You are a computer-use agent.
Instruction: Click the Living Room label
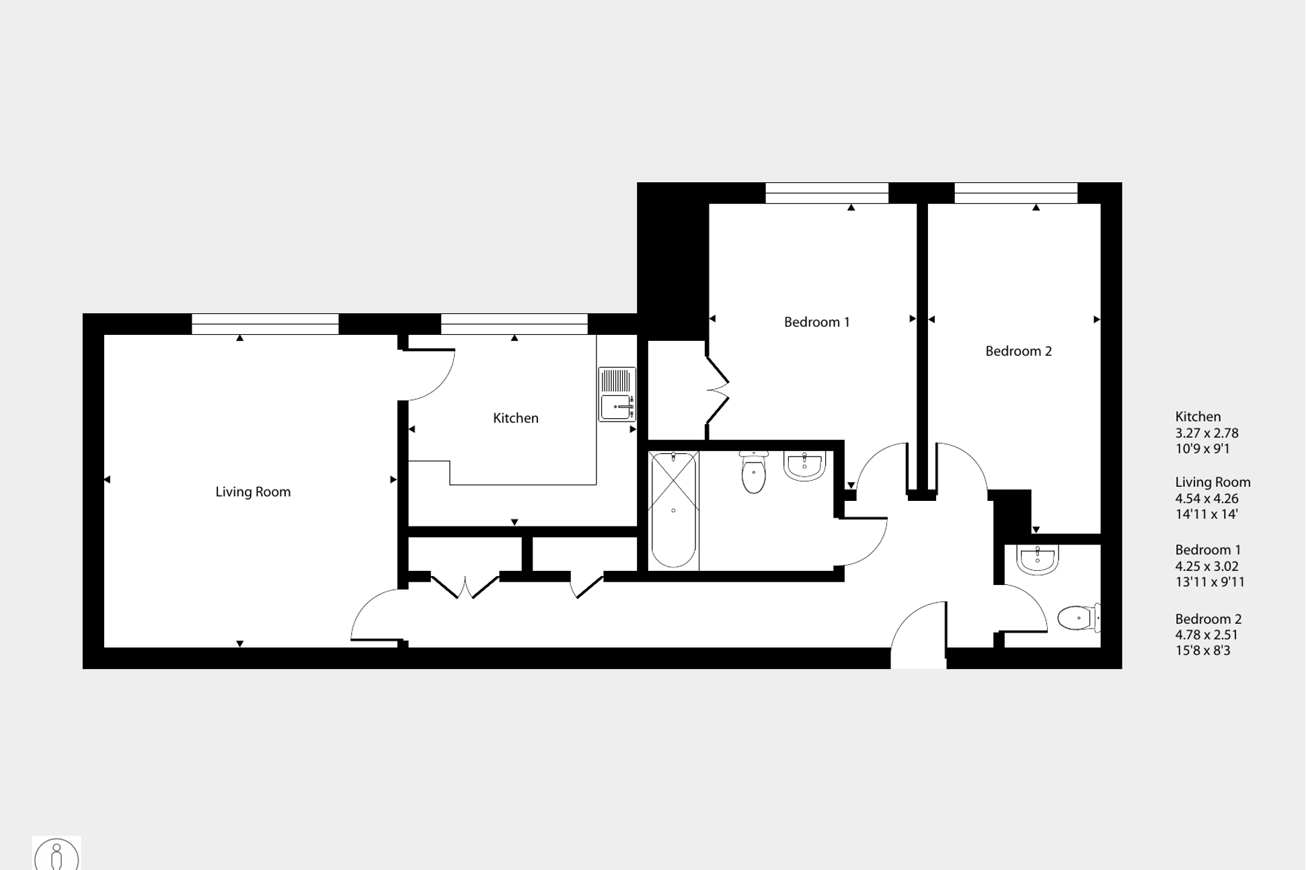pos(253,492)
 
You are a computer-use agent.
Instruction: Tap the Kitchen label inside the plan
pos(516,418)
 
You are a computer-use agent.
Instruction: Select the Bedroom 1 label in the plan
pos(816,322)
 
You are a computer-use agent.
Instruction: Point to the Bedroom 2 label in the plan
pos(1018,351)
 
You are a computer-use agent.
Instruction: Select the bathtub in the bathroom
pos(673,510)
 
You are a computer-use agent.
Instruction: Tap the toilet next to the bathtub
pos(754,473)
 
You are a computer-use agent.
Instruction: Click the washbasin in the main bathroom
pos(804,466)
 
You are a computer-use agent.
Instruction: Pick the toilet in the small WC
pos(1077,618)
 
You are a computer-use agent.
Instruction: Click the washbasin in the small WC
pos(1037,560)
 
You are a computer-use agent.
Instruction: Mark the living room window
pos(265,324)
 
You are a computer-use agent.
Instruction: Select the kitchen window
pos(514,324)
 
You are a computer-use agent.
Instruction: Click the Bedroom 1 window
pos(827,193)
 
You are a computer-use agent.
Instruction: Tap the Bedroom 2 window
pos(1015,193)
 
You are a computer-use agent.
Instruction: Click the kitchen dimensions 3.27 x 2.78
pos(1206,433)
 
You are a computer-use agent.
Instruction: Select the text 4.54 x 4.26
pos(1206,499)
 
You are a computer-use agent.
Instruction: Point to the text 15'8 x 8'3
pos(1202,651)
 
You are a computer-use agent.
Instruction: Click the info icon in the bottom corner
pos(56,855)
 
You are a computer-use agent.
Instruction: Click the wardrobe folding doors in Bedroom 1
pos(718,389)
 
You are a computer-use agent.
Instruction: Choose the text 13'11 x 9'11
pos(1210,582)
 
